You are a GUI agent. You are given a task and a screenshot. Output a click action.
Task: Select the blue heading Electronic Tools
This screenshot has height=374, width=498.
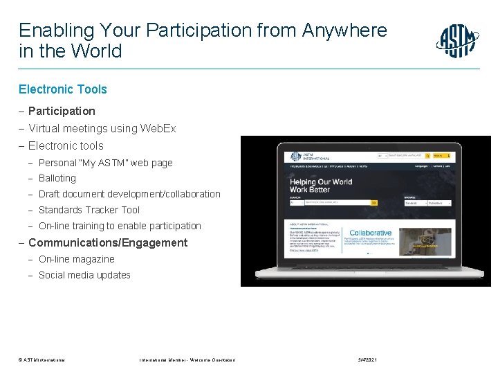[x=63, y=89]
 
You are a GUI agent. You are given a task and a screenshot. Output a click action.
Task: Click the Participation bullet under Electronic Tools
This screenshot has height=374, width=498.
[x=62, y=111]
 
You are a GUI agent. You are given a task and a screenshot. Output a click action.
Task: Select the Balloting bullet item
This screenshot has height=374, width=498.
[x=57, y=179]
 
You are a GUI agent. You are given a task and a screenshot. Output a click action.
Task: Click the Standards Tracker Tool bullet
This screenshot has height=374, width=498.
[x=89, y=210]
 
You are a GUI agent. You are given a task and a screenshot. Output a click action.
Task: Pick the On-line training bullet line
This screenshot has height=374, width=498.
[x=120, y=226]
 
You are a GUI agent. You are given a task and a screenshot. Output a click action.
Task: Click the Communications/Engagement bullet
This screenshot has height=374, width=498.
[x=107, y=243]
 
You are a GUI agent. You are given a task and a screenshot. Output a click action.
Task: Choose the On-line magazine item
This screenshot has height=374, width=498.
[x=77, y=259]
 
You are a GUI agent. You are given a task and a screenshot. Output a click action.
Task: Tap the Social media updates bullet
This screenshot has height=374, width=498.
[x=84, y=275]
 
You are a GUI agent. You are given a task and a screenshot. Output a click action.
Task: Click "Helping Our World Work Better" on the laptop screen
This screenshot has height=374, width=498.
[x=320, y=186]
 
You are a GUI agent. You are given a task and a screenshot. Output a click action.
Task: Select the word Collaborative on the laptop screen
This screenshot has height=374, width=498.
[x=371, y=233]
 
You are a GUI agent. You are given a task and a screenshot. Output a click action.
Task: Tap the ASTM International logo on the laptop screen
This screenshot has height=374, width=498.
[x=299, y=157]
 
